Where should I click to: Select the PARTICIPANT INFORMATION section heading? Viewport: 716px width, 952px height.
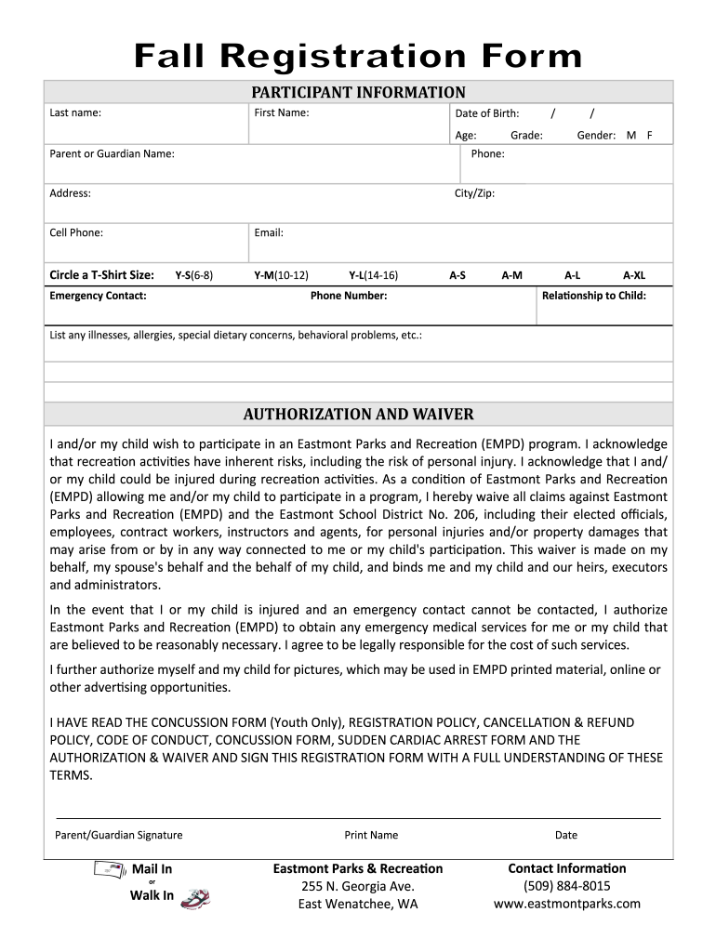(x=358, y=92)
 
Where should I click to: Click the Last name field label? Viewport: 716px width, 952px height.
(x=75, y=113)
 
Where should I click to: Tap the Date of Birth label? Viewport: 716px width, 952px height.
(x=486, y=113)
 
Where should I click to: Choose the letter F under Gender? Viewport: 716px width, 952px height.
(x=650, y=135)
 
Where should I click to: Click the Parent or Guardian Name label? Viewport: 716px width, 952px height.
(x=112, y=153)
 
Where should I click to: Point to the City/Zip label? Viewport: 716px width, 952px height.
(x=474, y=193)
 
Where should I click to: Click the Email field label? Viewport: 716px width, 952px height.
(x=269, y=232)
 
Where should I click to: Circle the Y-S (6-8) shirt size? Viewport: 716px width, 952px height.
(x=193, y=275)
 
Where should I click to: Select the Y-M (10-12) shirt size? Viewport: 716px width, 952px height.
(x=281, y=275)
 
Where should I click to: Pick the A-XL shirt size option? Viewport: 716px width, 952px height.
(x=634, y=275)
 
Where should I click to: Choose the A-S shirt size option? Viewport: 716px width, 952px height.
(x=457, y=275)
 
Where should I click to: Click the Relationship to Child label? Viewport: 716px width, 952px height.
(x=593, y=296)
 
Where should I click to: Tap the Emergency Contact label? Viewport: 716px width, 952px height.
(x=98, y=296)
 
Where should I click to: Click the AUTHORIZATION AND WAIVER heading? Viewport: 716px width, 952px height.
(x=358, y=414)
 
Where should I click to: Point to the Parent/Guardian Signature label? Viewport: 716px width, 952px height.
(x=119, y=835)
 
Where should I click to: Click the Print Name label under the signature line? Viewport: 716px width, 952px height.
(x=371, y=835)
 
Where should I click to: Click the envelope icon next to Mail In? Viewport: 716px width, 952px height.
(x=108, y=870)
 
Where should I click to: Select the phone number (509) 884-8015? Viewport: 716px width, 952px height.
(x=566, y=886)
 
